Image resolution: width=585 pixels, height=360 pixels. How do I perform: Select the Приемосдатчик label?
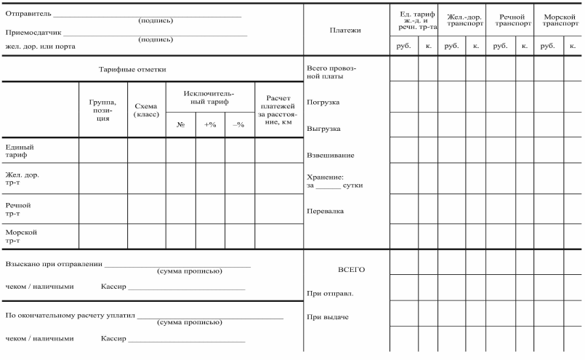33,33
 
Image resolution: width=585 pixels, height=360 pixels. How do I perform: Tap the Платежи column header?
344,31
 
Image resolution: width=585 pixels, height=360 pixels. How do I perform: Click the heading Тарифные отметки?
132,70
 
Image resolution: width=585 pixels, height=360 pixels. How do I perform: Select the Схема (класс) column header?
146,110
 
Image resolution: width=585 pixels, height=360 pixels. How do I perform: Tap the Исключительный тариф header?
209,98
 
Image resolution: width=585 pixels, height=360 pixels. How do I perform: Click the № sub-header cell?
180,124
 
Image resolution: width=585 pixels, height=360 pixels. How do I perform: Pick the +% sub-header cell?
210,124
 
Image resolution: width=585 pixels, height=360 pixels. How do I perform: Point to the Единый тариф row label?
20,150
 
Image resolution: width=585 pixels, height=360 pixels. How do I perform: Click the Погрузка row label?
323,102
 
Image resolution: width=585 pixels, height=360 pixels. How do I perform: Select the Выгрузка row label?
324,129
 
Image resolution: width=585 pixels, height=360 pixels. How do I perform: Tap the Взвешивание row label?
331,156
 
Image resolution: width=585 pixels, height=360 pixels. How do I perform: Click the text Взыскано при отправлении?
54,264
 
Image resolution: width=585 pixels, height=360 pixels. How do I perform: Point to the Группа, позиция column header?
103,110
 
